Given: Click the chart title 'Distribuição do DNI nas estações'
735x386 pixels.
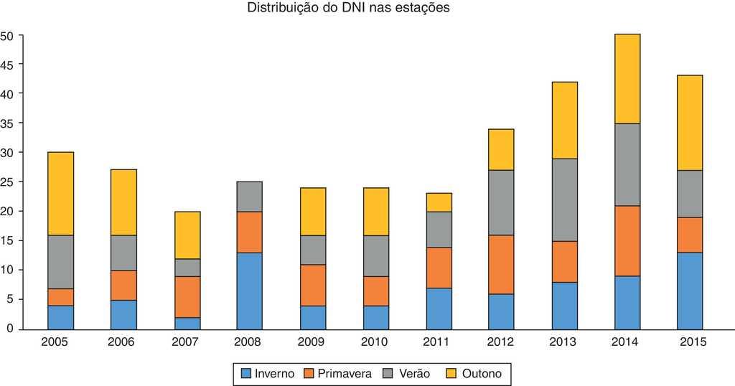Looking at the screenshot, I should pyautogui.click(x=348, y=9).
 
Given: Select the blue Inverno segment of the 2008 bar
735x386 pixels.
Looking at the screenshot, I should pyautogui.click(x=249, y=291).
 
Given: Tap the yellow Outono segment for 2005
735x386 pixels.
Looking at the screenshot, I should pyautogui.click(x=60, y=194).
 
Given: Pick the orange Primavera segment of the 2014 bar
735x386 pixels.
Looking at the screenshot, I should pyautogui.click(x=627, y=241).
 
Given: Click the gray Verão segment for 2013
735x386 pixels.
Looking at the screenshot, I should pyautogui.click(x=564, y=200).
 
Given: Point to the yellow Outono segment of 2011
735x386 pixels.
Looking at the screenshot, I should pyautogui.click(x=439, y=202).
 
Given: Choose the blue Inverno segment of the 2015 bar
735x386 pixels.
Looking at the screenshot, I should pyautogui.click(x=690, y=291).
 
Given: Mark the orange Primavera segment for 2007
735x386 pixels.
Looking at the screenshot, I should pyautogui.click(x=187, y=297).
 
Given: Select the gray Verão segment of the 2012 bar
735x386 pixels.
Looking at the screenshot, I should pyautogui.click(x=501, y=203).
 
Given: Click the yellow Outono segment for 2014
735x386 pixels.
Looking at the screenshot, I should pyautogui.click(x=627, y=79).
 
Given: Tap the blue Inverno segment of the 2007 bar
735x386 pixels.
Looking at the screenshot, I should pyautogui.click(x=187, y=323).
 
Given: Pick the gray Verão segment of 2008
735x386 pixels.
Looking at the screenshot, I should pyautogui.click(x=249, y=197).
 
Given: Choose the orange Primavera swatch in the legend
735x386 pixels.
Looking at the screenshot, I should pyautogui.click(x=310, y=374).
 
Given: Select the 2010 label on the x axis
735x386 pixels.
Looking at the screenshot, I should pyautogui.click(x=375, y=343).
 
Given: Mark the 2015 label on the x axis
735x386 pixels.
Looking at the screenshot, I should pyautogui.click(x=690, y=343).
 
